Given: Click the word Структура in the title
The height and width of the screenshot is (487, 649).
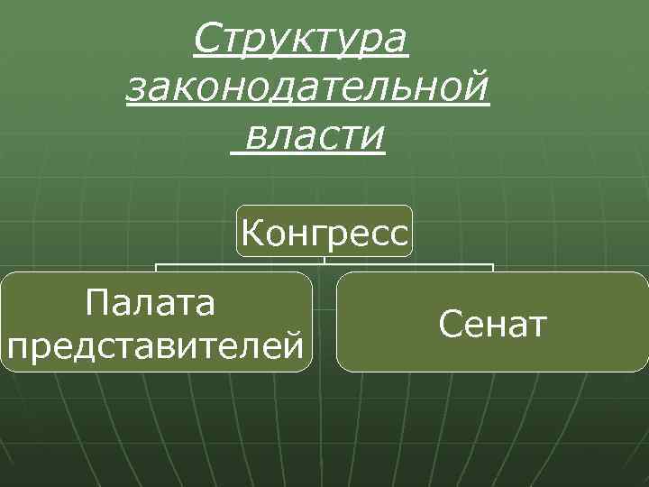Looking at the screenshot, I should pyautogui.click(x=301, y=39).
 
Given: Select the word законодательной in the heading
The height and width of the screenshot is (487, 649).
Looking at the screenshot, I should pyautogui.click(x=308, y=88).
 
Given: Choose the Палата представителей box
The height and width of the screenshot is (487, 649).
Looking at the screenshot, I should pyautogui.click(x=153, y=323).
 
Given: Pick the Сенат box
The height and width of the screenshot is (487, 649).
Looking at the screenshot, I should pyautogui.click(x=492, y=323).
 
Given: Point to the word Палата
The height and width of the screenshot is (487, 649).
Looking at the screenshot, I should pyautogui.click(x=151, y=303).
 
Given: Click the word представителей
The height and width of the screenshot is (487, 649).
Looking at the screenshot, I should pyautogui.click(x=153, y=345).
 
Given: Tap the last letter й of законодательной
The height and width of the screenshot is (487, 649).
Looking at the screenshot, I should pyautogui.click(x=478, y=88).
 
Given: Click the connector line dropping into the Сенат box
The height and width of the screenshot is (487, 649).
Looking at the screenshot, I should pyautogui.click(x=493, y=268).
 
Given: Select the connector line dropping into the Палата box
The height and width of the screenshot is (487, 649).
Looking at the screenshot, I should pyautogui.click(x=157, y=268).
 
